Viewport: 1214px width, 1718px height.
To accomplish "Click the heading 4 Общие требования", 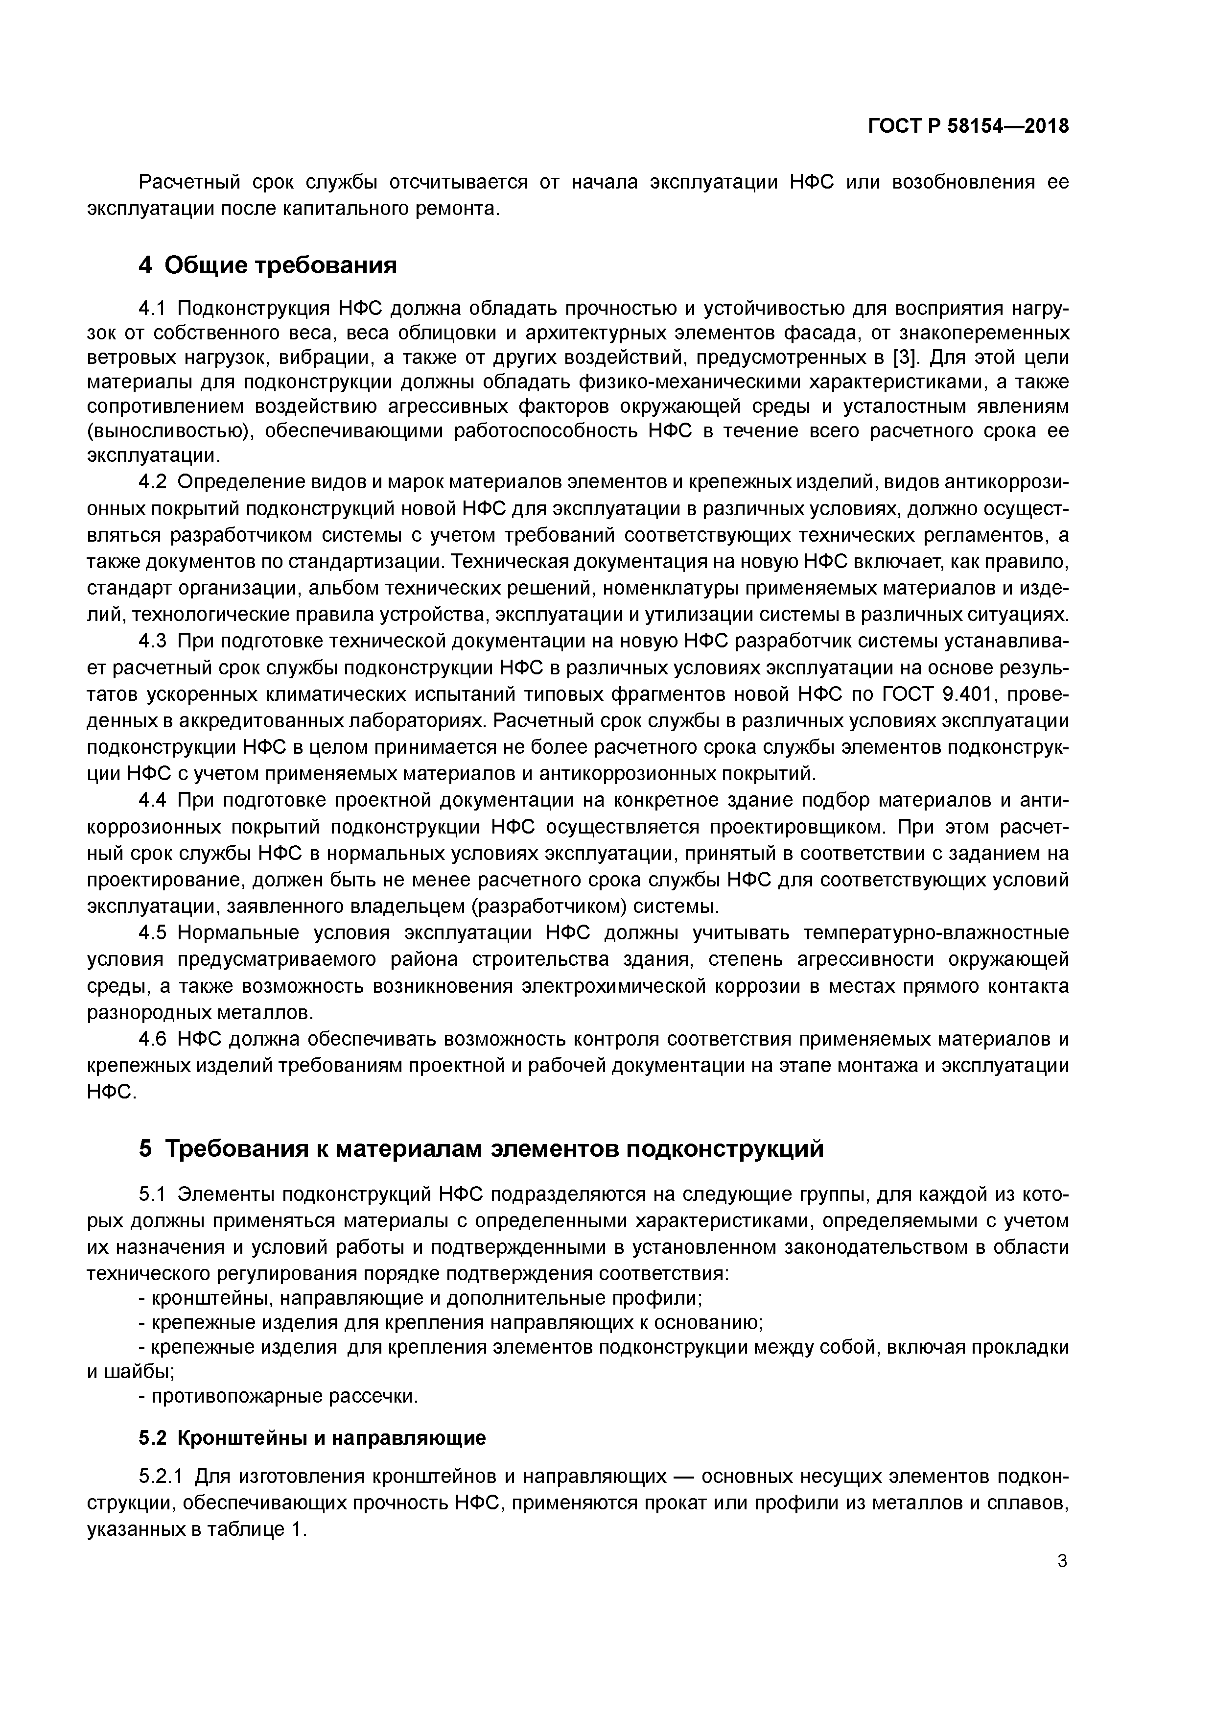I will pyautogui.click(x=268, y=265).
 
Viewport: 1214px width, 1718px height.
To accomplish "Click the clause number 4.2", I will pyautogui.click(x=156, y=482).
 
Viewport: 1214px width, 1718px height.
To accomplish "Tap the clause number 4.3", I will pyautogui.click(x=156, y=641).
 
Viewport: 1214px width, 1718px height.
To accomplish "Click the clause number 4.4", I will pyautogui.click(x=156, y=801).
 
